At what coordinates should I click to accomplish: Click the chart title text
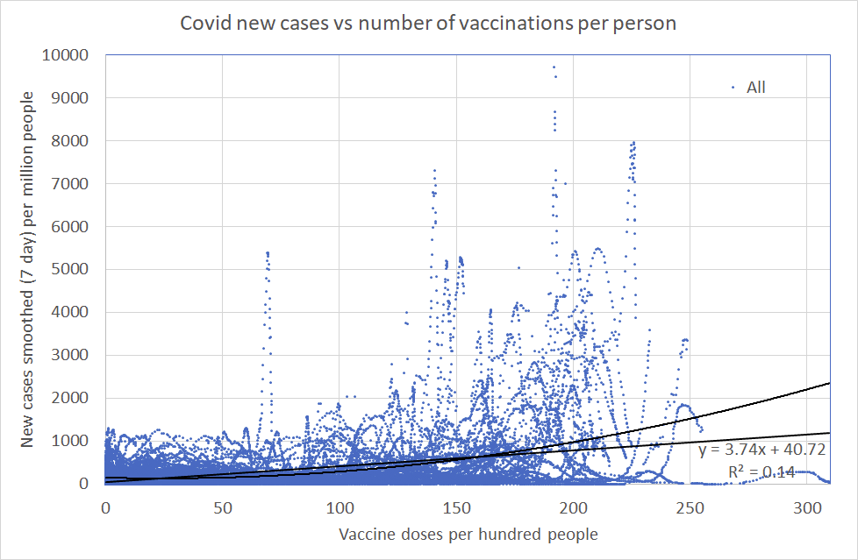428,23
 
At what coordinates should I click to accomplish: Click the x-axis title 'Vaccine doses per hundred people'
467,534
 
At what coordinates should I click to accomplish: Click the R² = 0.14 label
761,472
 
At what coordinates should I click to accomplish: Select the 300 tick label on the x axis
808,507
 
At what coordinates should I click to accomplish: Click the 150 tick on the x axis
456,507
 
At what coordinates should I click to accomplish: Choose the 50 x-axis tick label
222,507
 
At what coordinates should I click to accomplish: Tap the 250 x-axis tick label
690,507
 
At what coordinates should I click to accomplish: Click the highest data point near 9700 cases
554,67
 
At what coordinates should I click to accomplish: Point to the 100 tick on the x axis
340,507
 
